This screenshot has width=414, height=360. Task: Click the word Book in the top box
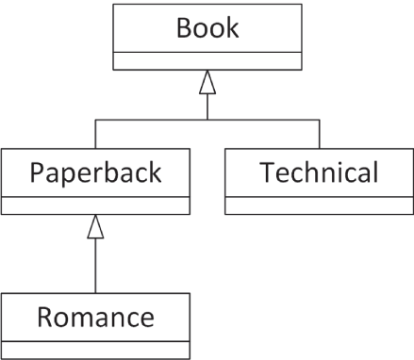click(x=207, y=27)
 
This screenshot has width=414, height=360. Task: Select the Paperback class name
click(x=95, y=172)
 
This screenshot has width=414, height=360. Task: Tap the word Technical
click(x=319, y=172)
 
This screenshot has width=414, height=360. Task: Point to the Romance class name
click(x=95, y=317)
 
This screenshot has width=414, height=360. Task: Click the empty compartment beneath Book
click(x=207, y=61)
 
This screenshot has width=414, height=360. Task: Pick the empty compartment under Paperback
click(x=95, y=205)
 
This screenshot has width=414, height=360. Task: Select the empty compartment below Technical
click(x=319, y=205)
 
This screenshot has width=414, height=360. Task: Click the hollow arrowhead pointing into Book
click(x=207, y=83)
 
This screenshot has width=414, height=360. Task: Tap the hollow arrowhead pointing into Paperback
click(x=95, y=227)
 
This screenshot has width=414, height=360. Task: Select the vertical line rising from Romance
click(x=95, y=269)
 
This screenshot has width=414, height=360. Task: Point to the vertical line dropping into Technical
click(x=319, y=135)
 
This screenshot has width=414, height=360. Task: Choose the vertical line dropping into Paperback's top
click(x=95, y=135)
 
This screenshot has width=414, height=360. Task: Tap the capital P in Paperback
click(x=38, y=172)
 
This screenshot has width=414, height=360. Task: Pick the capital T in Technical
click(x=267, y=172)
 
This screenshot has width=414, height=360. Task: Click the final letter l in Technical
click(x=375, y=172)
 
